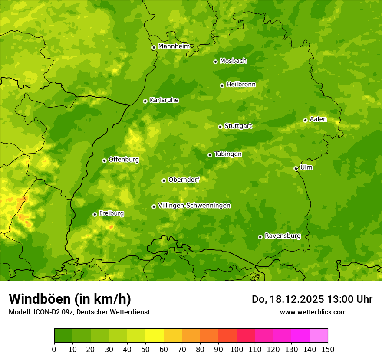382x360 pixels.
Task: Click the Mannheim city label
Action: coord(174,46)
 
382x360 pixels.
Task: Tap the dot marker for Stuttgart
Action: coord(220,127)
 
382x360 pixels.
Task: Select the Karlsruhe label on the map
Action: coord(164,100)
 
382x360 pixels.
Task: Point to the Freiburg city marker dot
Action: coord(95,214)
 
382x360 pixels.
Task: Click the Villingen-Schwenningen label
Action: coord(194,206)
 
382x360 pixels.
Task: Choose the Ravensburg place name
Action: coord(283,236)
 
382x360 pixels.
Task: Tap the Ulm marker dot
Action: coord(296,168)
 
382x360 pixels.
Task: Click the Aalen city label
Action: coord(318,119)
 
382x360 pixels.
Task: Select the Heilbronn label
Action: coord(241,85)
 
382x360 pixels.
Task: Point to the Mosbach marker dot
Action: coord(215,62)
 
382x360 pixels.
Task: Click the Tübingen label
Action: coord(228,154)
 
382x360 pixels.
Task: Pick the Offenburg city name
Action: coord(124,160)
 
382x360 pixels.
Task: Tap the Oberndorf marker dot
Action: coord(164,180)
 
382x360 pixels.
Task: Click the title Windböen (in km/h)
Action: coord(70,299)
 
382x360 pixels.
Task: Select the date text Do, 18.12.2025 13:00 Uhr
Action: coord(312,299)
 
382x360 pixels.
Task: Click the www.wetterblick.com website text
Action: coord(313,312)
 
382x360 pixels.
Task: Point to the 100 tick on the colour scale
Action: coord(237,349)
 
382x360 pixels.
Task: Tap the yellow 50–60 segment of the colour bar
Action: coord(155,336)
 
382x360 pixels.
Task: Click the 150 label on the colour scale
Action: coord(328,349)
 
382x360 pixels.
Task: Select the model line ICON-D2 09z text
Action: coord(79,312)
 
